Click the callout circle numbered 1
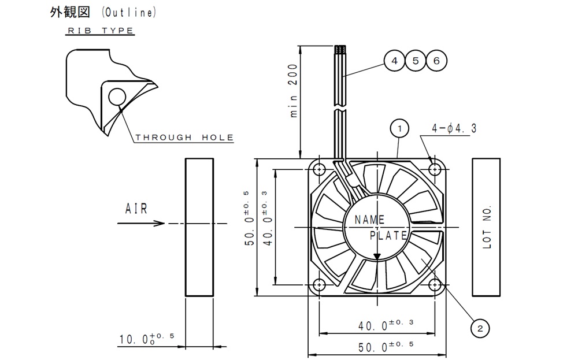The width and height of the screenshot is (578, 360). pos(399,128)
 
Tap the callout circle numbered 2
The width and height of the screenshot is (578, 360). pos(479,328)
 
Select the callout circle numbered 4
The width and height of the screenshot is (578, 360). pos(394,61)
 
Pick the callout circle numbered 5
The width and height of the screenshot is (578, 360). pos(415,61)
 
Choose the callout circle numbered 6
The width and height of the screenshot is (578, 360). pos(436,61)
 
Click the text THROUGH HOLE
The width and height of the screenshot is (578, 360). pos(184,138)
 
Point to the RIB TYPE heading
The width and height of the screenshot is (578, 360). pos(101,31)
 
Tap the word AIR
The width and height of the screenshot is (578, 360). pos(136,209)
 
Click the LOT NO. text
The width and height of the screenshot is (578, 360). pos(487,227)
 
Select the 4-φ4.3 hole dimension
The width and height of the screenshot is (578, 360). pos(454,129)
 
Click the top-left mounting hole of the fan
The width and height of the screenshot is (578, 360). pos(319,169)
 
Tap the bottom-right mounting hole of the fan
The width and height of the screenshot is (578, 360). pos(435,285)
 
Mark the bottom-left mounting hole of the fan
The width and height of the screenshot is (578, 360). pos(319,285)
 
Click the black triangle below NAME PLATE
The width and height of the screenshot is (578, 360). pos(377,256)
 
